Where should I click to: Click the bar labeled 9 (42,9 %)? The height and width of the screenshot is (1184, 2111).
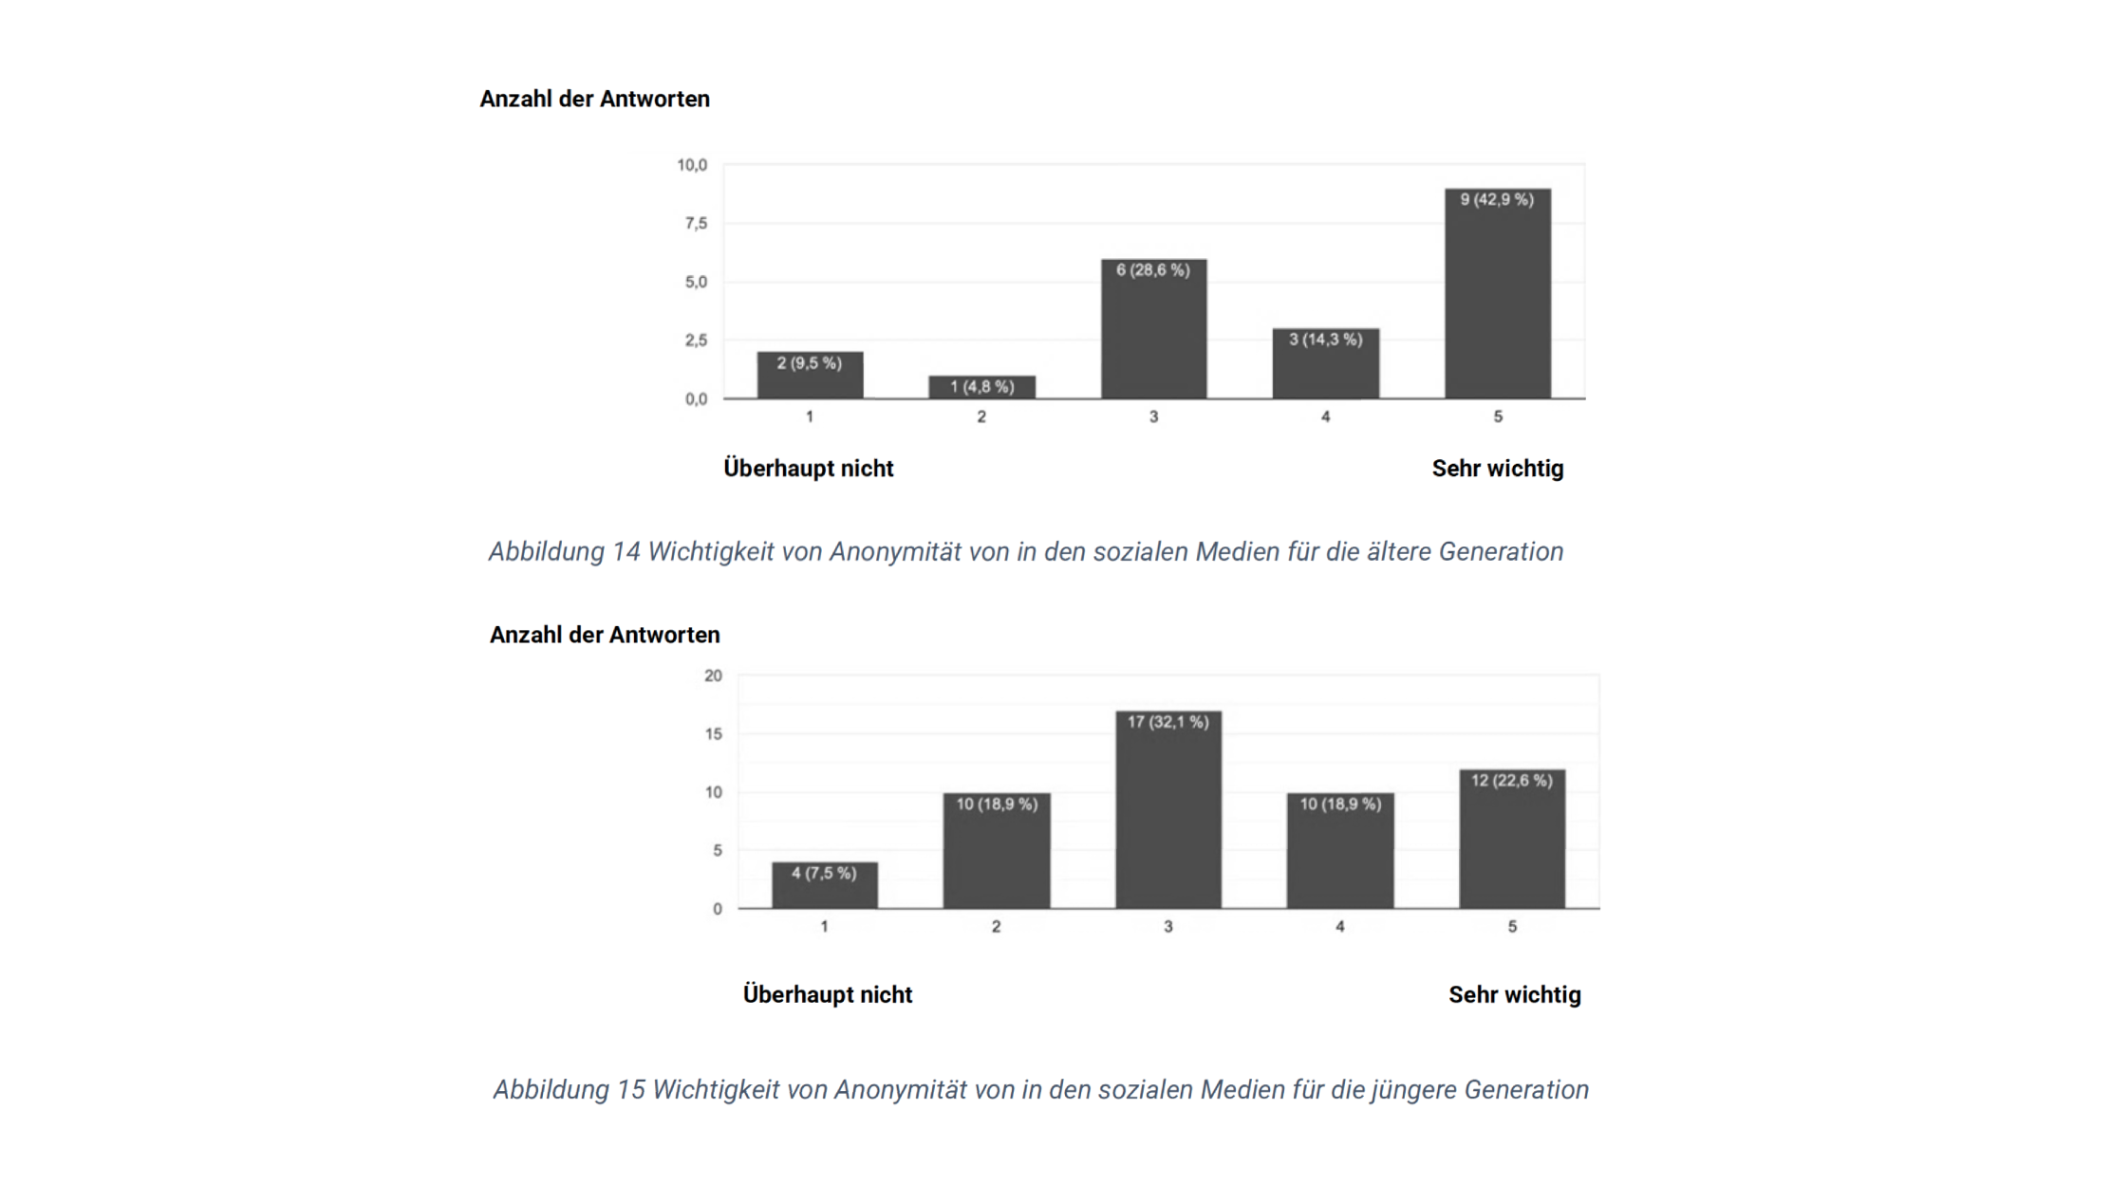(x=1497, y=294)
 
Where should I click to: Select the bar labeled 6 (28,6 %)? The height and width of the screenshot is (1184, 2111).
(x=1153, y=329)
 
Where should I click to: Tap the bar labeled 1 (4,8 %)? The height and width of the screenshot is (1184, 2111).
(x=981, y=387)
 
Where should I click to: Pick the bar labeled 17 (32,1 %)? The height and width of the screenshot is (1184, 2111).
(x=1168, y=810)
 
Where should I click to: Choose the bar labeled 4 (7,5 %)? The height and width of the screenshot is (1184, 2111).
(x=824, y=885)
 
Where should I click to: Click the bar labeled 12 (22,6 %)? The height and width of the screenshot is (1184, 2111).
(x=1511, y=840)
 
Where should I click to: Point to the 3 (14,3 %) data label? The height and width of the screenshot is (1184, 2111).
(x=1325, y=340)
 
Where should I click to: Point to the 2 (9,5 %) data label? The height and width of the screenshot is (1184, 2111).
(x=809, y=363)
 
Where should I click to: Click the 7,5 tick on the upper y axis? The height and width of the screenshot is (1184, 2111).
(x=696, y=224)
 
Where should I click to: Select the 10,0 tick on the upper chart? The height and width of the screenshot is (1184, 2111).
(x=692, y=165)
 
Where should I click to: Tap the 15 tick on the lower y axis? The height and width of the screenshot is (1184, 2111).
(x=713, y=734)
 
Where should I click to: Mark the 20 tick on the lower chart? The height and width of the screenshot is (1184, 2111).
(x=713, y=676)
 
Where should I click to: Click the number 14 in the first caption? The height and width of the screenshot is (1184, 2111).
(x=626, y=552)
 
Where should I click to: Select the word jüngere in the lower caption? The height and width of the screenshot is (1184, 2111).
(x=1413, y=1090)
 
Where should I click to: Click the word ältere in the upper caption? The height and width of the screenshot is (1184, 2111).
(x=1399, y=552)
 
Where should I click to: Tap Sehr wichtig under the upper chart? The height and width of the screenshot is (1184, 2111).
(x=1497, y=469)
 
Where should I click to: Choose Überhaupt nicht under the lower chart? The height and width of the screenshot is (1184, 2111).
(x=827, y=995)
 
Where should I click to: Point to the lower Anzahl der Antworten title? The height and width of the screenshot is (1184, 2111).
(x=605, y=635)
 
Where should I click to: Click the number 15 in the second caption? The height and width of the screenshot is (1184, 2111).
(x=631, y=1090)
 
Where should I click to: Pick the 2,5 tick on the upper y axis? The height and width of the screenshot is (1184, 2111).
(x=696, y=341)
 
